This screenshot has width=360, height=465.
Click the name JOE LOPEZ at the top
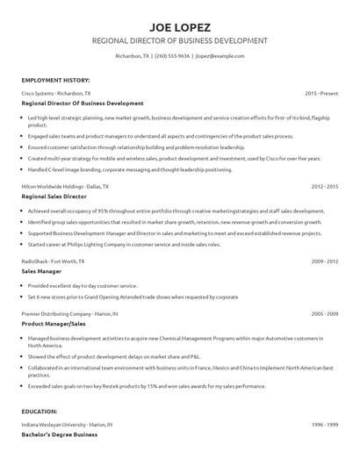pyautogui.click(x=179, y=26)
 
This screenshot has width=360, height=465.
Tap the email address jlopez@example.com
pyautogui.click(x=219, y=57)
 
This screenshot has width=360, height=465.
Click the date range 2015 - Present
pyautogui.click(x=321, y=92)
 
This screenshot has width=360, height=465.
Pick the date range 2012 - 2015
pyautogui.click(x=325, y=187)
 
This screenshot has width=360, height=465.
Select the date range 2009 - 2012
pyautogui.click(x=325, y=261)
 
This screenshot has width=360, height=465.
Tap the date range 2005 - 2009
pyautogui.click(x=325, y=313)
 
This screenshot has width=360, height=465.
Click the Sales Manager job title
pyautogui.click(x=41, y=272)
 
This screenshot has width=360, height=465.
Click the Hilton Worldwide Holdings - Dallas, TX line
pyautogui.click(x=65, y=187)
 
